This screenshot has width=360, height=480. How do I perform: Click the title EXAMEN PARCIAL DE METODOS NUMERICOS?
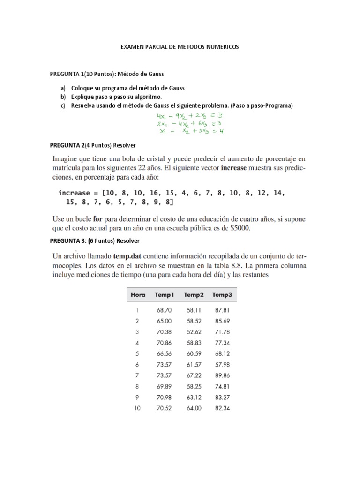(180, 48)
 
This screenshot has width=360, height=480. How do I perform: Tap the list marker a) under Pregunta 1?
(63, 88)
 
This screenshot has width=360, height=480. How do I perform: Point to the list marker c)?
(63, 105)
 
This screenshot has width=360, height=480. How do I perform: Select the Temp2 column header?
(193, 295)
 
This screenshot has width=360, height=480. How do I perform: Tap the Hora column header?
(138, 295)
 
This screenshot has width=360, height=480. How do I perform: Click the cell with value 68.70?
(164, 310)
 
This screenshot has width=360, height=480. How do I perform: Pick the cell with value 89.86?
(222, 375)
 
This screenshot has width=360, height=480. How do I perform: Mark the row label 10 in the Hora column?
(137, 408)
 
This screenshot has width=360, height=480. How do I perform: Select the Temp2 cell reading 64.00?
(193, 408)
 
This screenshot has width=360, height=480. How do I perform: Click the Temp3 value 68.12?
(222, 354)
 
